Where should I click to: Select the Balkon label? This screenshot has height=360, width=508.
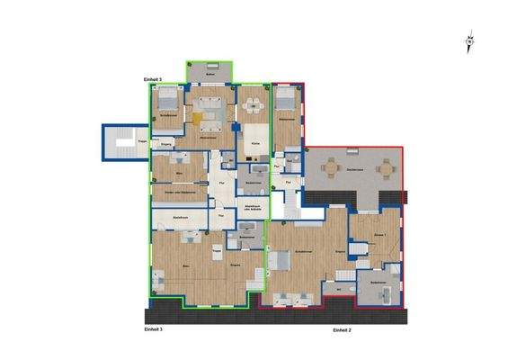point(209,75)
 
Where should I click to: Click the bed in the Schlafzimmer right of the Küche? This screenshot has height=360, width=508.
point(285,97)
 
